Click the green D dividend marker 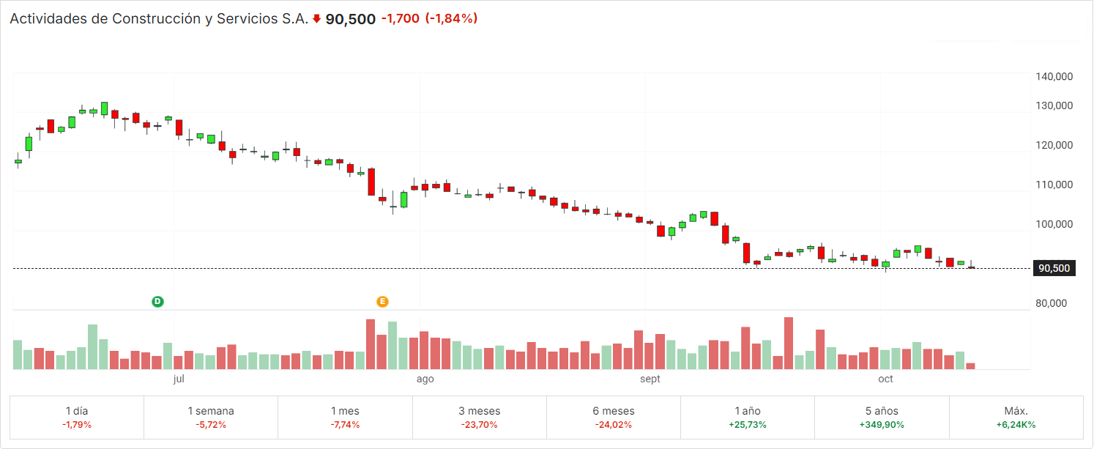point(157,302)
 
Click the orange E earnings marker point(382,302)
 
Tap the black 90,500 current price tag point(1054,268)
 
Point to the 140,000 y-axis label point(1054,76)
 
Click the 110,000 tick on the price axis point(1054,185)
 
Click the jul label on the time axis point(179,379)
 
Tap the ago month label point(425,379)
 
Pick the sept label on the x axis point(650,379)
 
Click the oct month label point(885,379)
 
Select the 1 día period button point(77,418)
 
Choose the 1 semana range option point(211,418)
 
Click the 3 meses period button point(480,418)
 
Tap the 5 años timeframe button point(882,418)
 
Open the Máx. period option point(1016,418)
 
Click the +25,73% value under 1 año point(748,425)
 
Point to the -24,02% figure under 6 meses point(614,425)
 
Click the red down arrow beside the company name point(316,19)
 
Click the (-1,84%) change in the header point(451,18)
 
